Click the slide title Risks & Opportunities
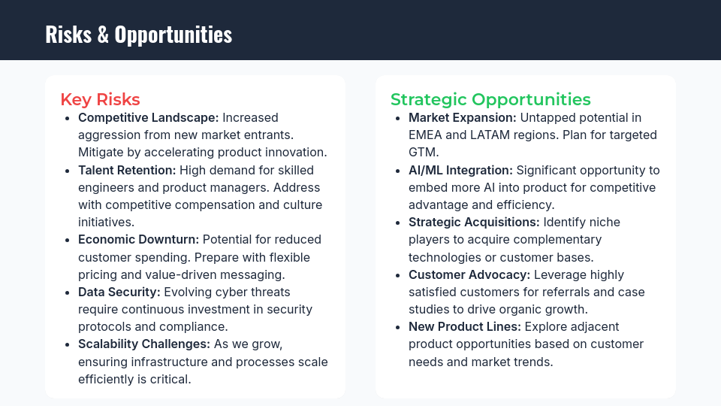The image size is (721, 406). point(138,34)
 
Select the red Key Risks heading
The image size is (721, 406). point(100,99)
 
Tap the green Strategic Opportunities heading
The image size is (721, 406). point(490,99)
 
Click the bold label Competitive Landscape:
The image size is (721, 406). point(148,117)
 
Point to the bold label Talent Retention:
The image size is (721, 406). point(127,170)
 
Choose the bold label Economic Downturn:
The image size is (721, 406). point(138,239)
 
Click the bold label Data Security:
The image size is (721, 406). point(119,292)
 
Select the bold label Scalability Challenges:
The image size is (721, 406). point(143,344)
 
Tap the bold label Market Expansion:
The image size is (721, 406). point(462,117)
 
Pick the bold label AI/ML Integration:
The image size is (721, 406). point(460,170)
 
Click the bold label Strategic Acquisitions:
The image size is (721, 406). point(474,222)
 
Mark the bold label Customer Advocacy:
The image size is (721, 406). point(469,274)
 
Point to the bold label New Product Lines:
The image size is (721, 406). point(465,326)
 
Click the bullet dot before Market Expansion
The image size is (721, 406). point(398,118)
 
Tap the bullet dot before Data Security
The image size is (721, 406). point(68,292)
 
